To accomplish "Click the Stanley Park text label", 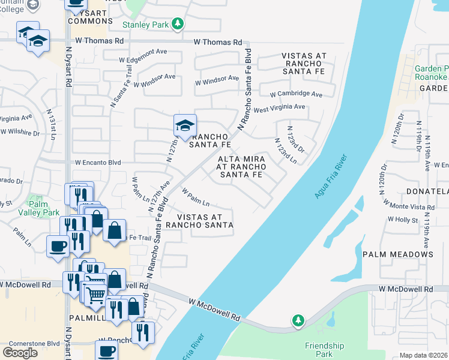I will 145,25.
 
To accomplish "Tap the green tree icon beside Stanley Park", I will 177,24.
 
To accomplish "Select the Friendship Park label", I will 324,350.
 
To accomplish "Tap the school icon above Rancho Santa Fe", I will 185,125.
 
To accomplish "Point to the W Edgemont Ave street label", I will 143,60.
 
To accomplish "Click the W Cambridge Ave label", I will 296,94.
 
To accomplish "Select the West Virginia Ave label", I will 279,108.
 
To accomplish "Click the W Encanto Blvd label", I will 98,162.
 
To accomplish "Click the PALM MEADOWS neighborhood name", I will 397,254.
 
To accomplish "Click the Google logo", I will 20,352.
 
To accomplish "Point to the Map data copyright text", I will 424,355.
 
